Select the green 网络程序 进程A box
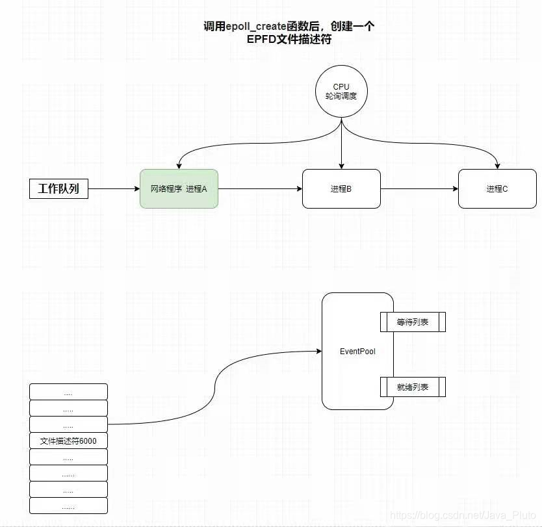pos(179,189)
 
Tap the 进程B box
pos(341,189)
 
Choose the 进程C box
pos(497,189)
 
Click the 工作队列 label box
pos(58,189)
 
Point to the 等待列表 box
pos(413,322)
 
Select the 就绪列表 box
pos(413,387)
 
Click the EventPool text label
pos(357,352)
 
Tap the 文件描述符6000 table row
pos(68,441)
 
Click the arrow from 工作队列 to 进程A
pos(114,189)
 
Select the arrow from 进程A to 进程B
pos(260,189)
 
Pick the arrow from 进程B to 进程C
pos(419,189)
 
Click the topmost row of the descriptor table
pos(68,392)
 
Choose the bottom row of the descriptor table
pos(68,506)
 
